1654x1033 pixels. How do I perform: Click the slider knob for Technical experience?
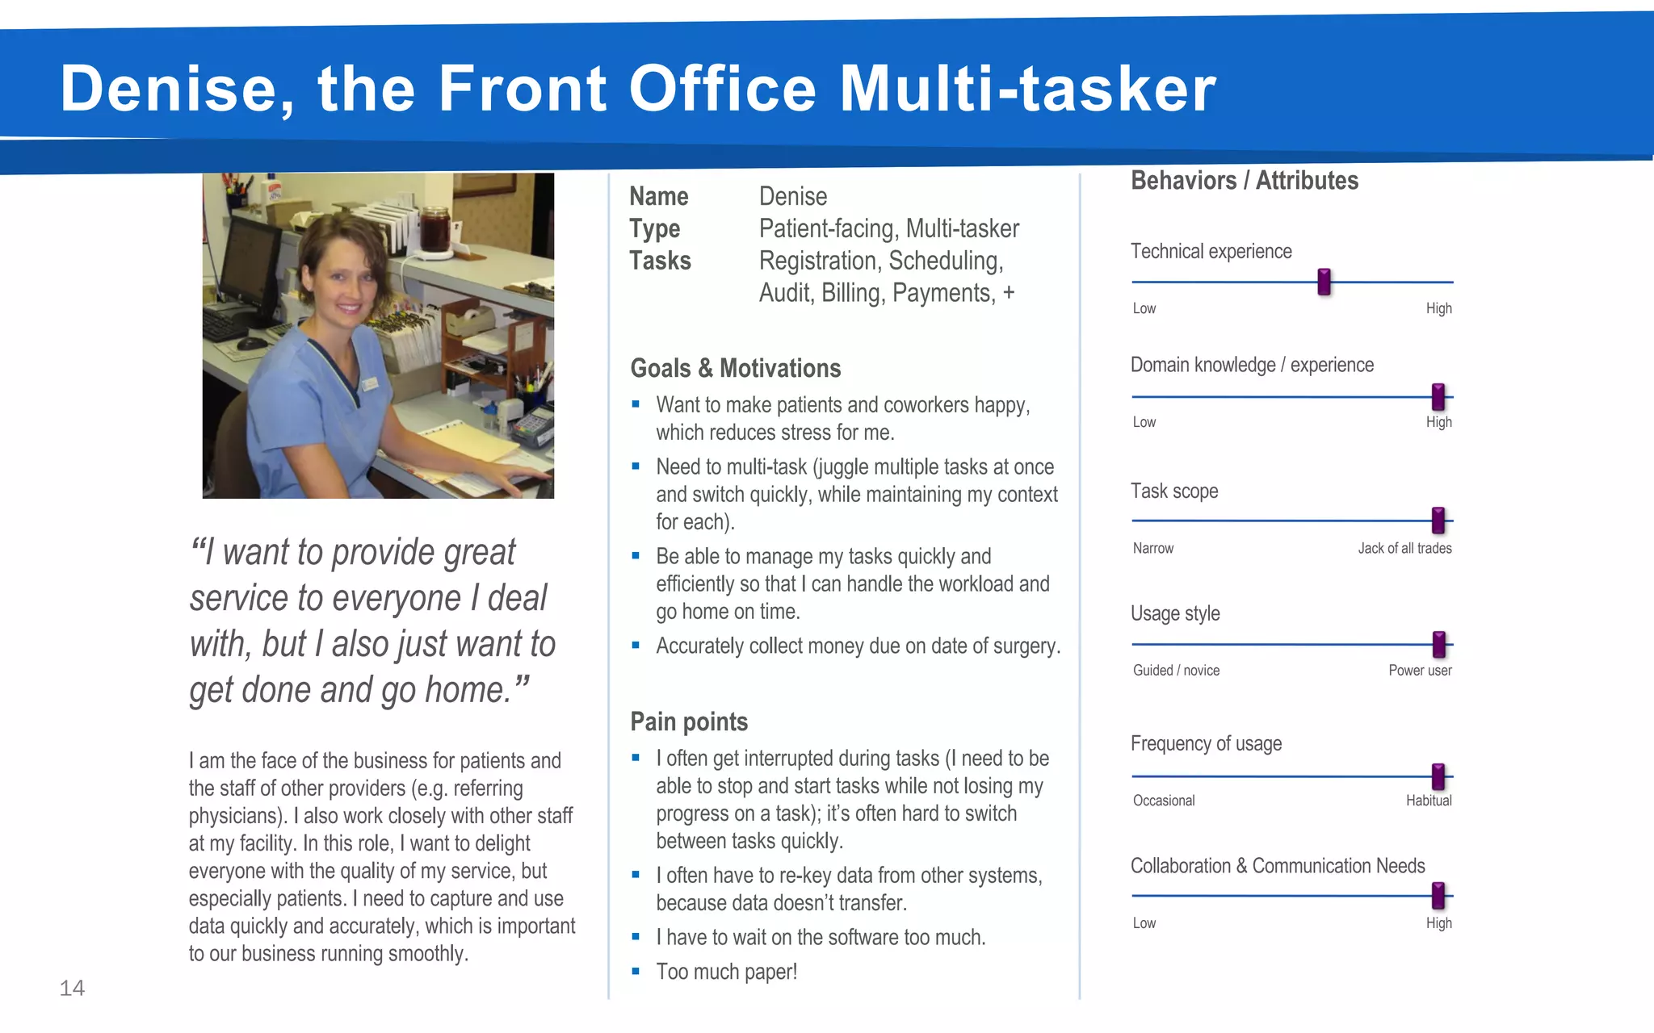pos(1324,282)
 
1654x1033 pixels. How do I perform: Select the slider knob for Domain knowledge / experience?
pos(1438,396)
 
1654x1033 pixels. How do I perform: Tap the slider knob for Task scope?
pos(1438,521)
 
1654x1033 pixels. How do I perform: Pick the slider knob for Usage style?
pos(1438,644)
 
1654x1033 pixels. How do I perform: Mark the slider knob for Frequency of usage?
pos(1438,776)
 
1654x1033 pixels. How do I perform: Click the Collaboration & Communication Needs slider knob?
pos(1438,895)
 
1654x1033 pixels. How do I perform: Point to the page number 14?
pos(72,988)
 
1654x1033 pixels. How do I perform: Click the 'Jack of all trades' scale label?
pos(1404,548)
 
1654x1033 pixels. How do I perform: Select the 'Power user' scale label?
pos(1420,670)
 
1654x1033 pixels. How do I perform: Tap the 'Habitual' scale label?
pos(1429,801)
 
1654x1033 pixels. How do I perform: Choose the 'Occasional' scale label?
pos(1164,801)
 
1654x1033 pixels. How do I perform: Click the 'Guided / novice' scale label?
pos(1176,670)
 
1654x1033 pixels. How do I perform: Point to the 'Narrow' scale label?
pos(1153,548)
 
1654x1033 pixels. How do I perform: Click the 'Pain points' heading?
pos(689,721)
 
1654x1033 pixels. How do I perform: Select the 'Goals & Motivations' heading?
pos(736,368)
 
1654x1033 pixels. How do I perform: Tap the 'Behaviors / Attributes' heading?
pos(1245,180)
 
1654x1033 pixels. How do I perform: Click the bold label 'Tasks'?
pos(660,261)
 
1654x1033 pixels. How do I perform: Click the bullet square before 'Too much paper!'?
pos(636,972)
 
